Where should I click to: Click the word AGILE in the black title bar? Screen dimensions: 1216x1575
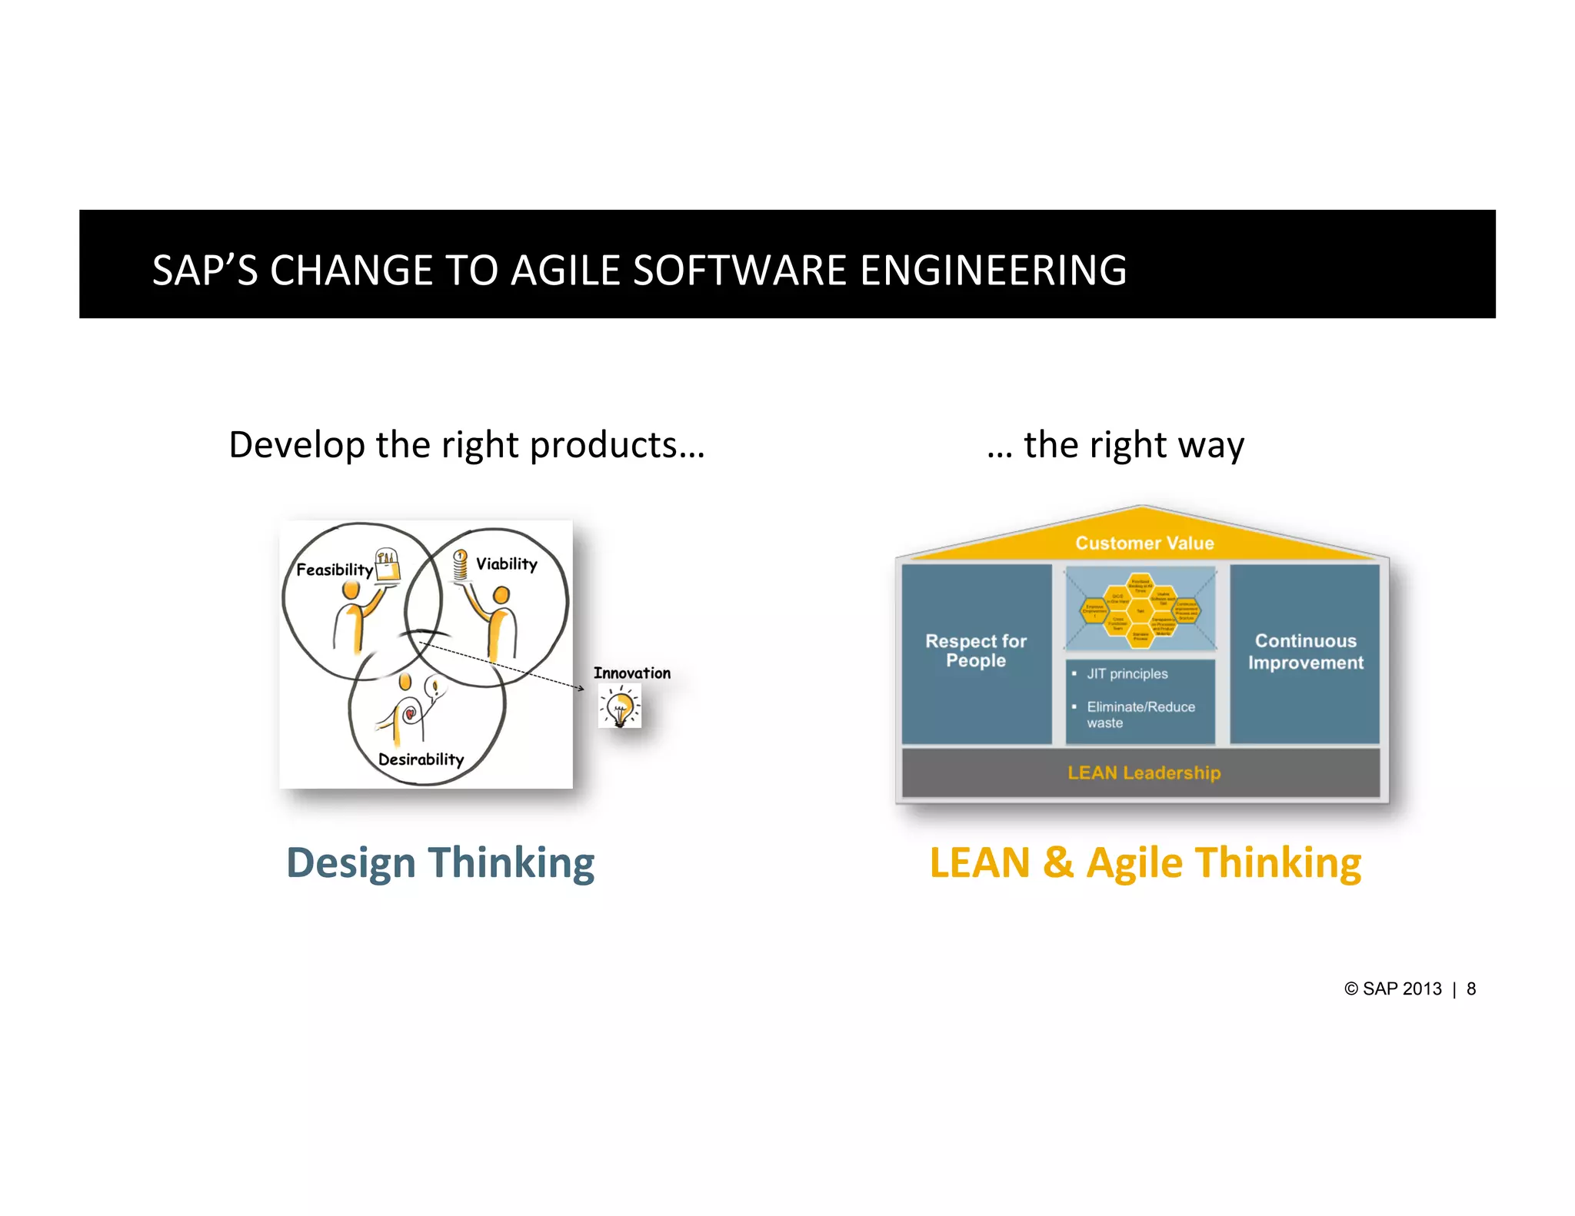point(564,271)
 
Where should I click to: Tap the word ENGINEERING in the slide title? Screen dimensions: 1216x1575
point(993,271)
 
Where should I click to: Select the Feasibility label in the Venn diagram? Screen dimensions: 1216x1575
point(334,570)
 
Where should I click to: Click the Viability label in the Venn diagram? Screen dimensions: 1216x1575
point(506,564)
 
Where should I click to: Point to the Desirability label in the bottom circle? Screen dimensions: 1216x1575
point(421,759)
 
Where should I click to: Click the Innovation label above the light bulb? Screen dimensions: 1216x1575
point(631,673)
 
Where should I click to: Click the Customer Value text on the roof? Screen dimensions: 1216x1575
point(1144,543)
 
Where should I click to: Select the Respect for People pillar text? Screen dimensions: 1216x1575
point(976,650)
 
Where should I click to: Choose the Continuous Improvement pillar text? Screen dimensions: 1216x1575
point(1305,651)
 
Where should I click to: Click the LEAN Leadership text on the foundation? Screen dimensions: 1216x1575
point(1144,772)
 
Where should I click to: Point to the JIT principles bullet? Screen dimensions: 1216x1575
point(1127,674)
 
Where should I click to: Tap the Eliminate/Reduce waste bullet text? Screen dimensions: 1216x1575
point(1140,715)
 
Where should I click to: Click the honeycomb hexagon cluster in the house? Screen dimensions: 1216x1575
point(1140,607)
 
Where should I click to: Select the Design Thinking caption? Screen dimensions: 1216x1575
point(440,862)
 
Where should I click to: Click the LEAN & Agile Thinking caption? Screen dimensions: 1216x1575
point(1145,862)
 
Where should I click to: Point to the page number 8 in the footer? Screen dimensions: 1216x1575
point(1471,989)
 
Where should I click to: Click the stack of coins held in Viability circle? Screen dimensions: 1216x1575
point(460,565)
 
